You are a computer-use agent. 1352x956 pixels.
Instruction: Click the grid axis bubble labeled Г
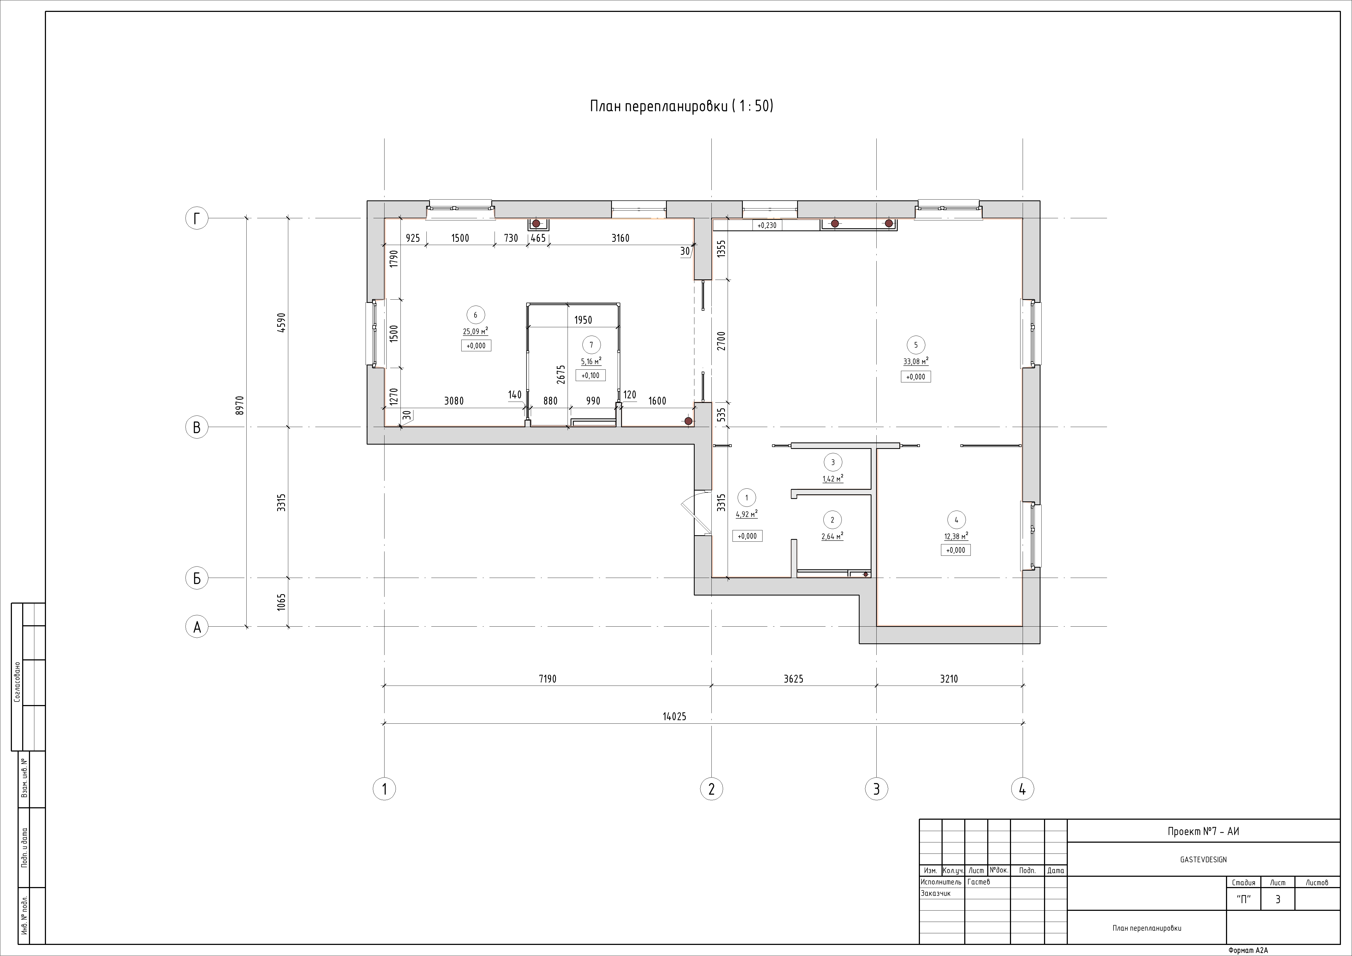tap(197, 219)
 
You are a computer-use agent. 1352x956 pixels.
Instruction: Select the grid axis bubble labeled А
tap(197, 627)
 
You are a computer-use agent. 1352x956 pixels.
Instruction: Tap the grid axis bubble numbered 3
tap(876, 789)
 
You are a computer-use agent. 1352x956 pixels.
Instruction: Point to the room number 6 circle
tap(475, 315)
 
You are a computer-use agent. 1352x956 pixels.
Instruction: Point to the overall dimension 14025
tap(674, 717)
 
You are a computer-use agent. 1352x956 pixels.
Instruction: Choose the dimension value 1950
tap(583, 320)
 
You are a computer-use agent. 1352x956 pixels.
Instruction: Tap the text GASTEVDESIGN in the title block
tap(1203, 859)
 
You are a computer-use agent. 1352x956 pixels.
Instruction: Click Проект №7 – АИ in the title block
tap(1203, 832)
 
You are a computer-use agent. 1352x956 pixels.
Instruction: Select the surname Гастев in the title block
tap(979, 882)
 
